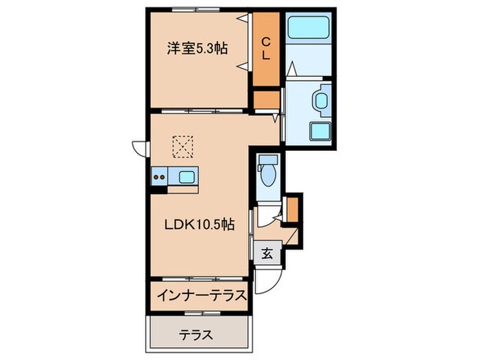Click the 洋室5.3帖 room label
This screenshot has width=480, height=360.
tap(197, 49)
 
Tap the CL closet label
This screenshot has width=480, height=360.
tap(265, 49)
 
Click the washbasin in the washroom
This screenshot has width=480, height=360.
tap(320, 101)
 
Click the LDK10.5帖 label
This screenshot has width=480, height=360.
tap(199, 224)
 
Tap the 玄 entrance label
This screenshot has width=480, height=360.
tap(267, 253)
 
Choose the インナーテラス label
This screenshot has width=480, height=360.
tap(201, 296)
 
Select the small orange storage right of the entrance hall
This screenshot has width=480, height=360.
tap(293, 209)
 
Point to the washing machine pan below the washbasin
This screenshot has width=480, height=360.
tap(320, 131)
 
